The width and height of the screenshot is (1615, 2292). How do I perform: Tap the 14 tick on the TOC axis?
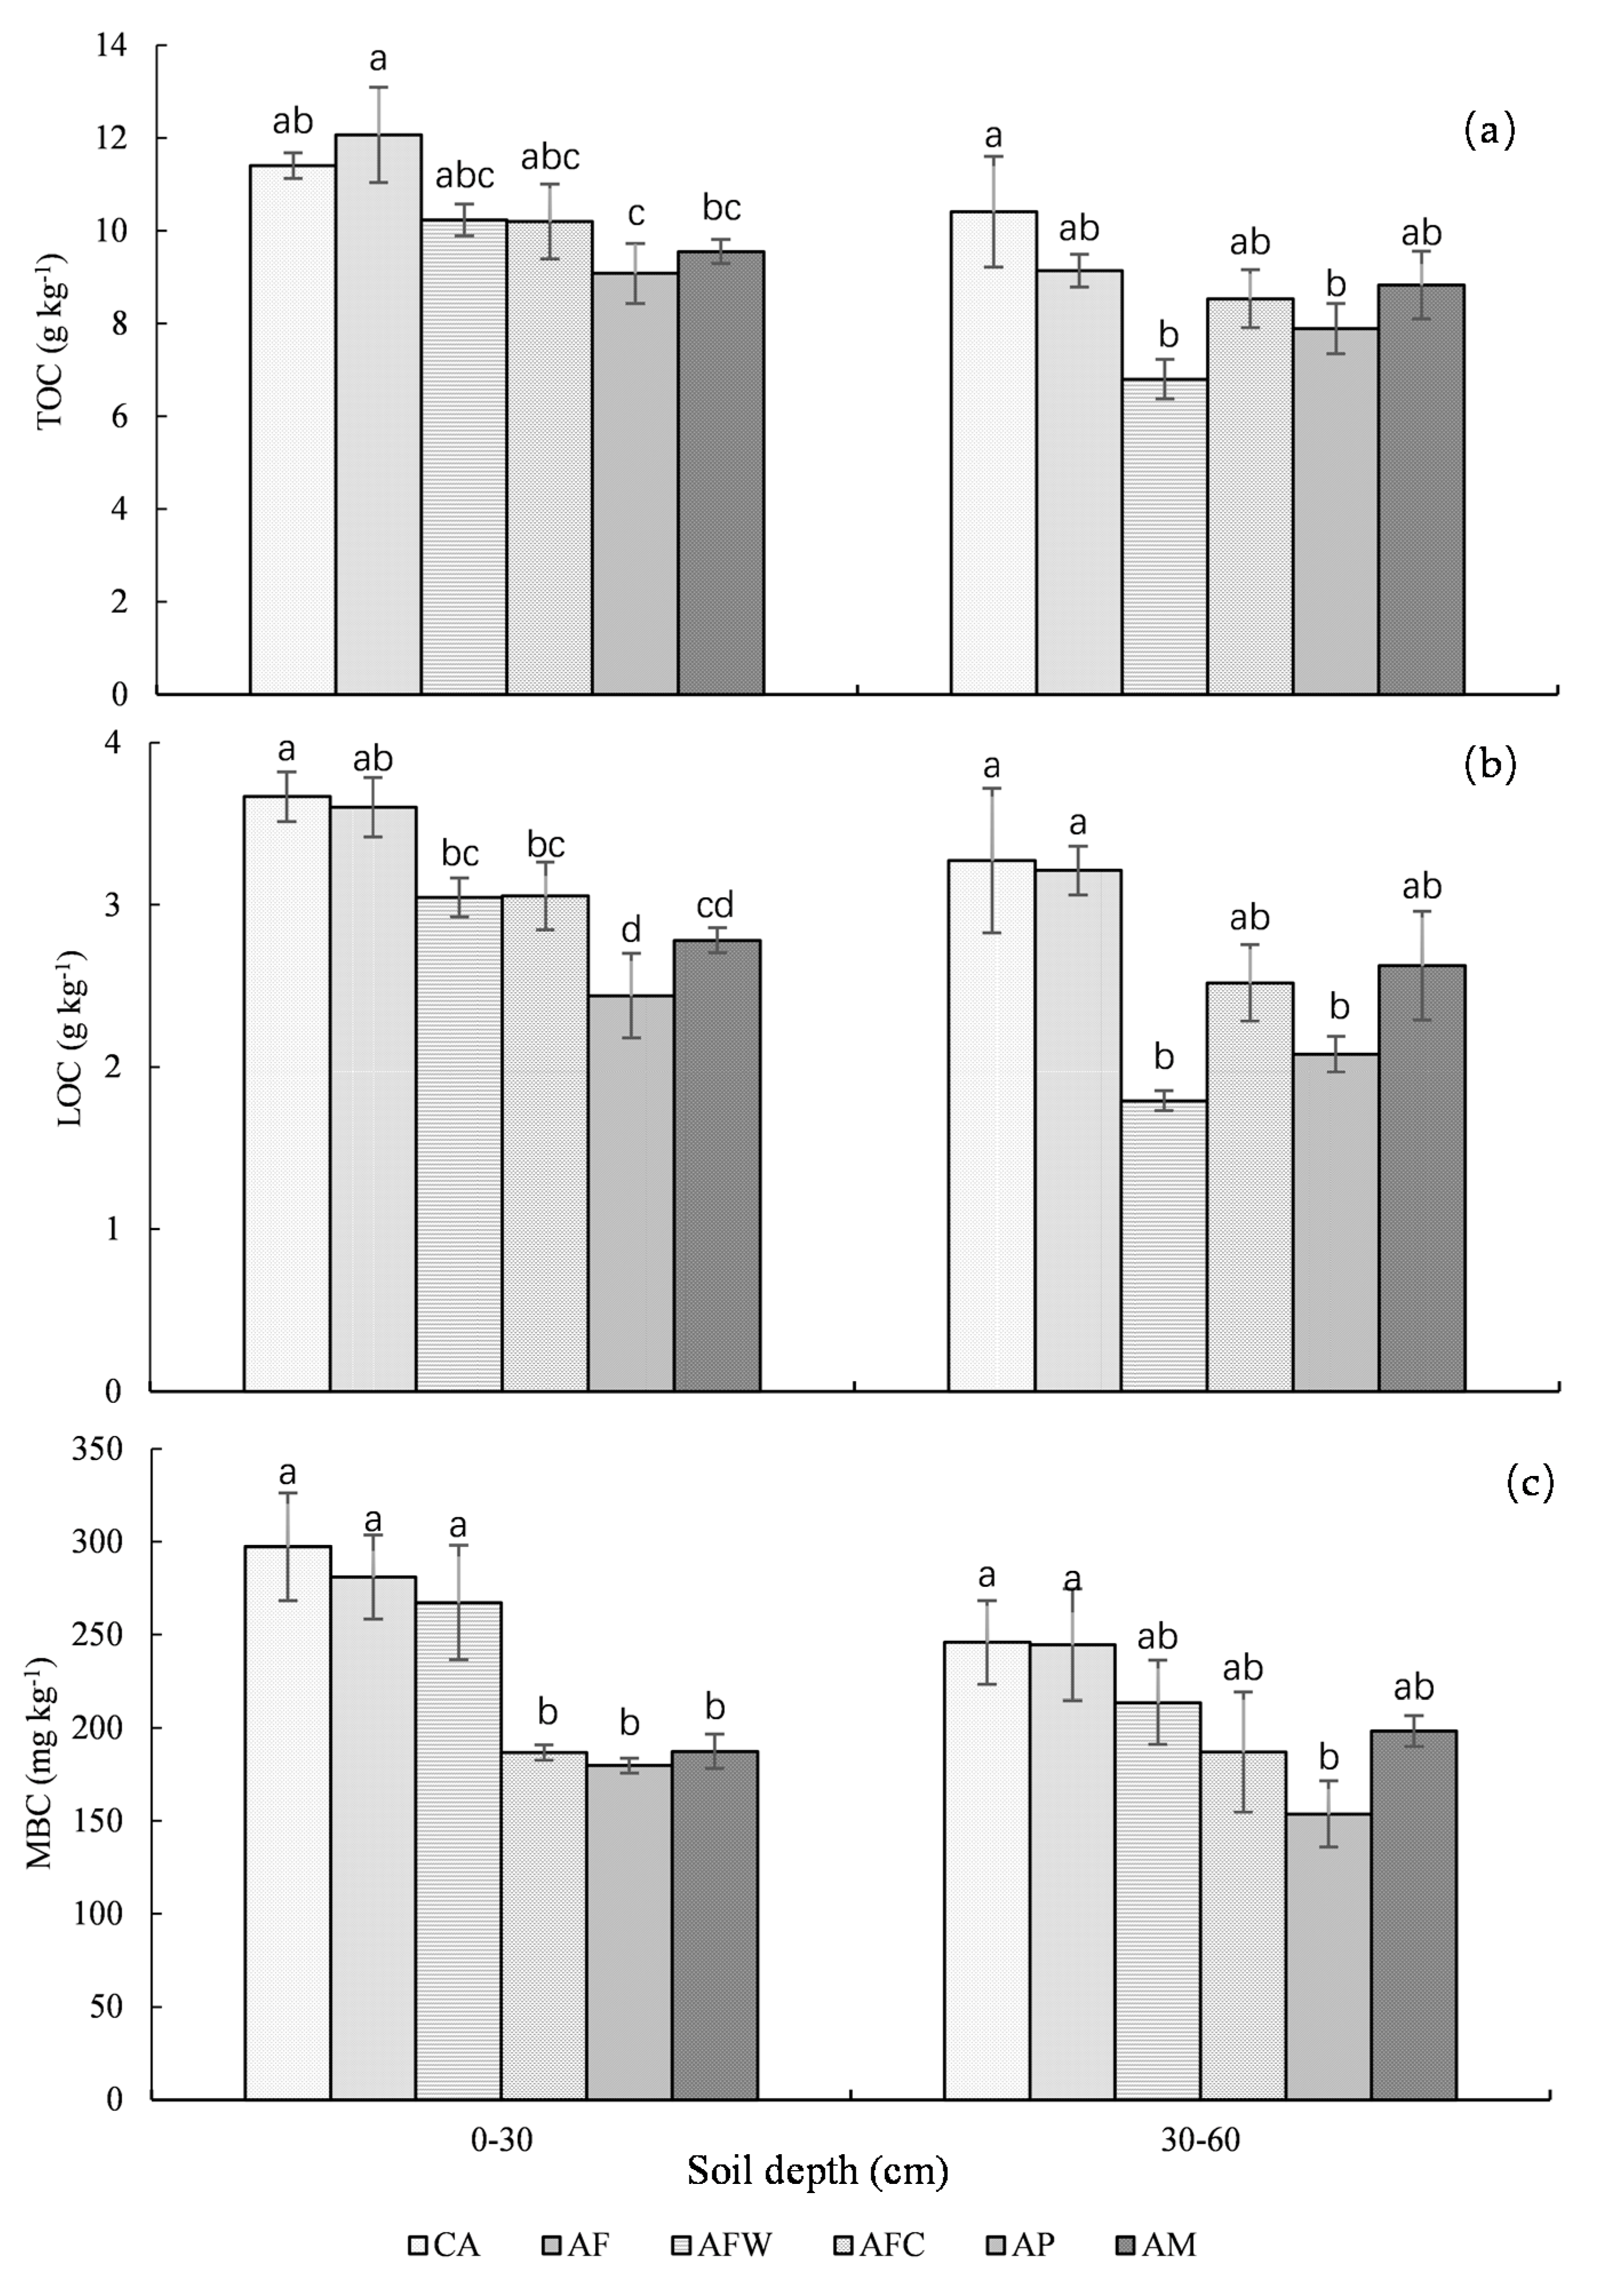coord(113,46)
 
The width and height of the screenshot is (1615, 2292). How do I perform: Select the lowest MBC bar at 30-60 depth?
coord(1327,1956)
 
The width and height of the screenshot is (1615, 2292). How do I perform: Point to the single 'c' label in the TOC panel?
coord(636,214)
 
